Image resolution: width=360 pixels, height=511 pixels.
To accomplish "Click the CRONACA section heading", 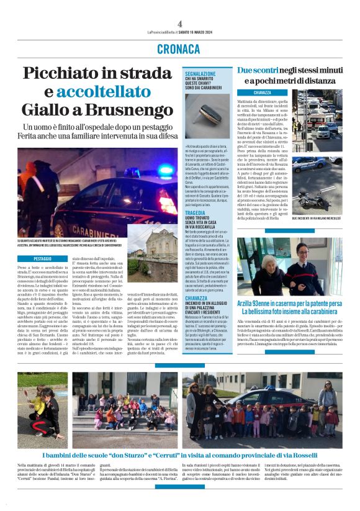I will pyautogui.click(x=180, y=49).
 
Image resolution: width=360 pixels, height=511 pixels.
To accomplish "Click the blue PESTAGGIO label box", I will pyautogui.click(x=43, y=258).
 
